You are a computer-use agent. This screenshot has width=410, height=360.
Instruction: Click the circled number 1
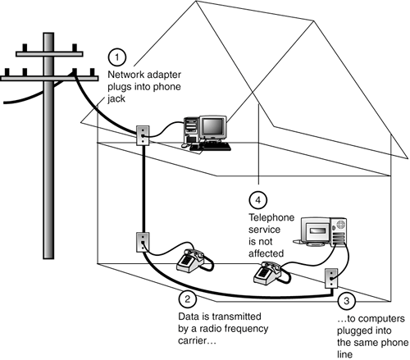(117, 57)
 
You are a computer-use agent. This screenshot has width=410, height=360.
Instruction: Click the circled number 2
(187, 298)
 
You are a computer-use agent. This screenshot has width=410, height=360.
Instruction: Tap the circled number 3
(347, 301)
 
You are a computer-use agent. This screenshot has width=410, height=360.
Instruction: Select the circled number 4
(258, 200)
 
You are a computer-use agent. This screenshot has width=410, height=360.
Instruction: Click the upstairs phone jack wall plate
(143, 135)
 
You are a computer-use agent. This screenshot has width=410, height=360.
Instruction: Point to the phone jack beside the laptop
(331, 278)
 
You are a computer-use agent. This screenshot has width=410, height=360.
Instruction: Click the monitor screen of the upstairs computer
(212, 127)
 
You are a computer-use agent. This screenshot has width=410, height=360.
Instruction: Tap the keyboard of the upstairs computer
(211, 146)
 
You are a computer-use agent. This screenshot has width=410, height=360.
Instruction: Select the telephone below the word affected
(271, 273)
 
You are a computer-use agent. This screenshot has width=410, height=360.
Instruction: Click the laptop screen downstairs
(317, 231)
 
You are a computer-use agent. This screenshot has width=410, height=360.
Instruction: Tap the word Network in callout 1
(125, 75)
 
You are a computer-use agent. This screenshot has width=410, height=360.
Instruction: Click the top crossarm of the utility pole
(49, 54)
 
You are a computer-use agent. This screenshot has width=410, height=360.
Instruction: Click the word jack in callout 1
(116, 99)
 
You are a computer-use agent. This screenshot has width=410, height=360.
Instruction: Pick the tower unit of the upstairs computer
(191, 130)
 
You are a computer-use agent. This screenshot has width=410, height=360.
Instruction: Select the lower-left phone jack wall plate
(143, 242)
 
